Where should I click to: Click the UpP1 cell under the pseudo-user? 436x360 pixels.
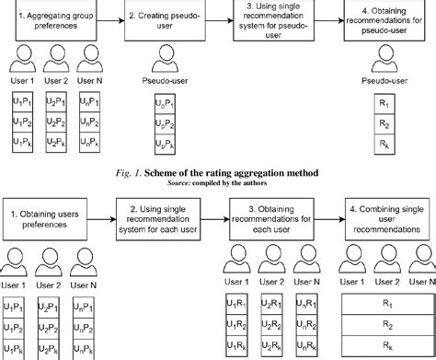tap(162, 103)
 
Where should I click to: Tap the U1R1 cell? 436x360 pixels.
tap(239, 304)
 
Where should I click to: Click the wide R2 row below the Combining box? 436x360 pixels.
tap(385, 324)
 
